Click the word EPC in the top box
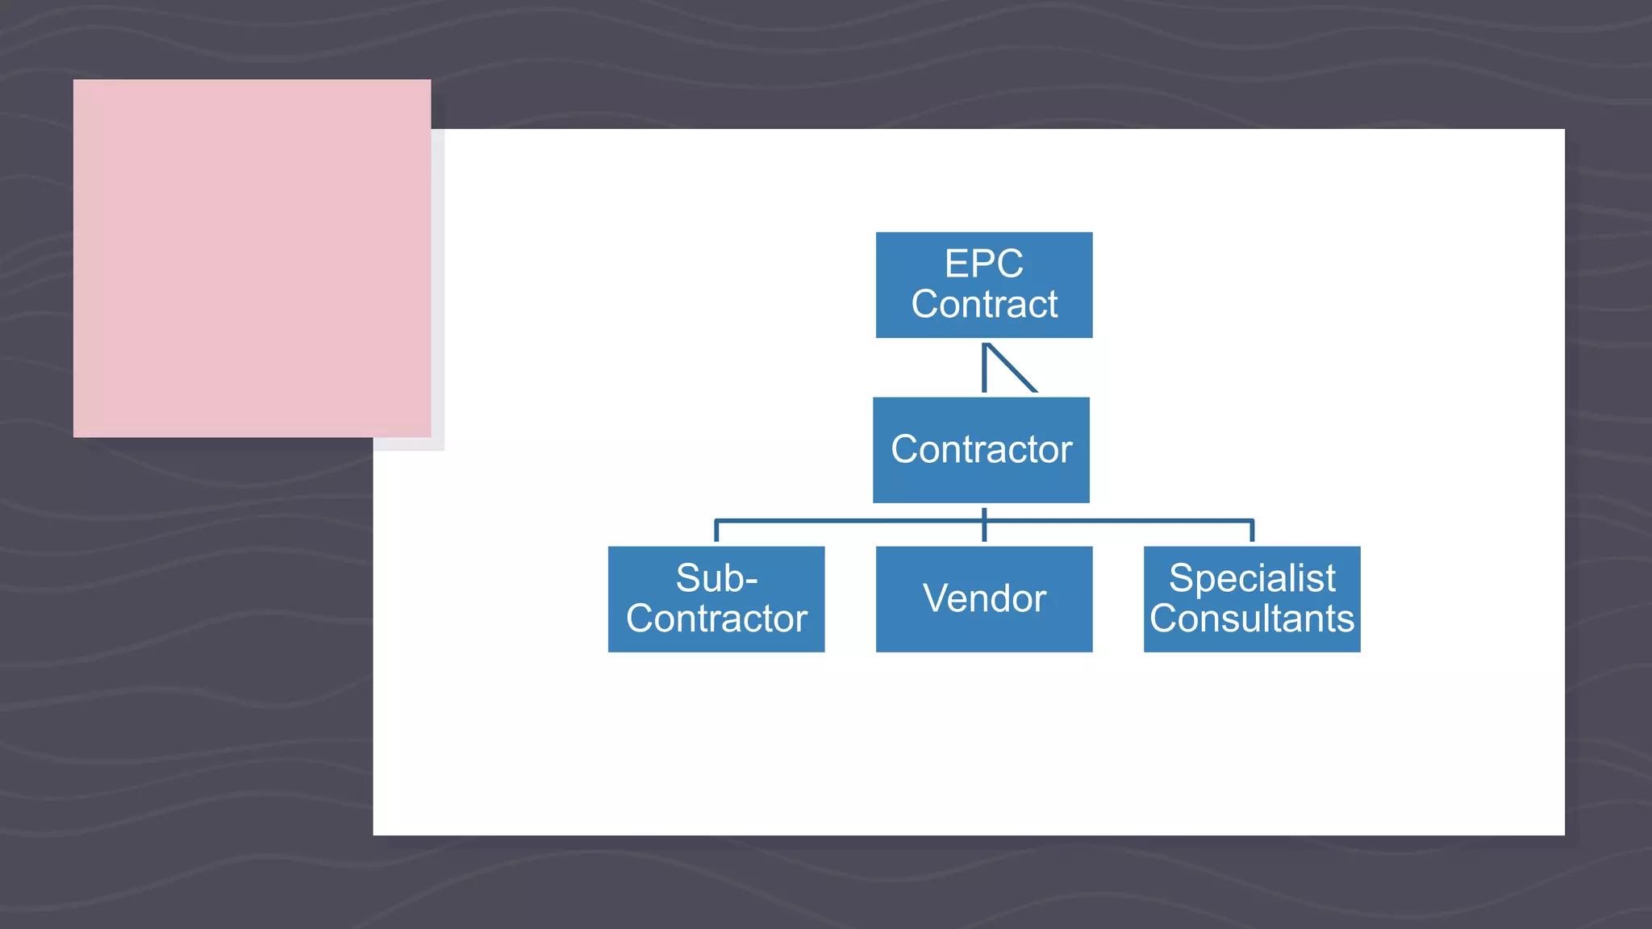tap(983, 264)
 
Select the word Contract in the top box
tap(984, 305)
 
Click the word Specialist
tap(1252, 578)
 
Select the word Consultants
tap(1252, 619)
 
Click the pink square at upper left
tap(252, 258)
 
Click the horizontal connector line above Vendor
tap(887, 520)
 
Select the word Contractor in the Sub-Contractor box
tap(716, 619)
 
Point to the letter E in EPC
tap(956, 264)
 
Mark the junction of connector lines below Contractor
tap(984, 520)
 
